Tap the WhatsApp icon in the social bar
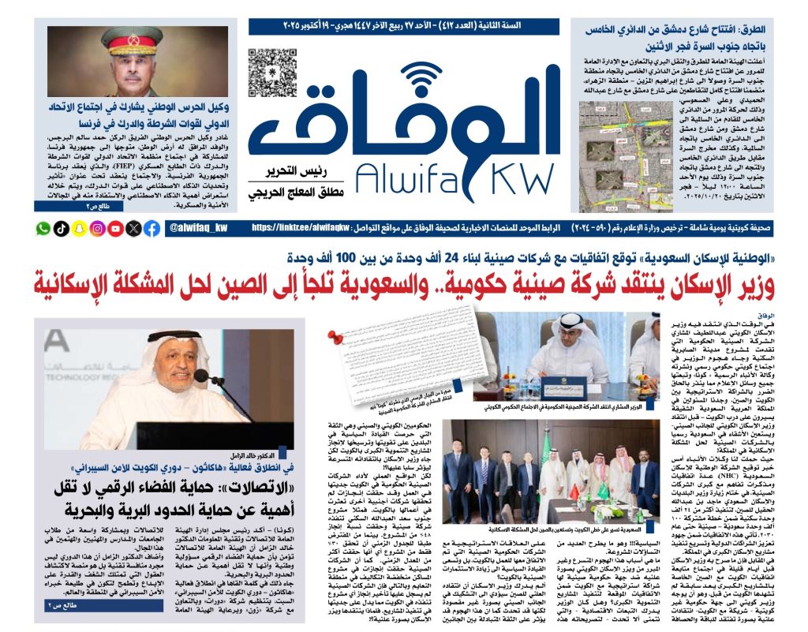pyautogui.click(x=43, y=229)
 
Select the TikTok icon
pyautogui.click(x=62, y=229)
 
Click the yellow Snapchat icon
pyautogui.click(x=79, y=229)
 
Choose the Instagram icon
pyautogui.click(x=97, y=229)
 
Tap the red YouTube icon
pyautogui.click(x=115, y=229)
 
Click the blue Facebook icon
pyautogui.click(x=151, y=229)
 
